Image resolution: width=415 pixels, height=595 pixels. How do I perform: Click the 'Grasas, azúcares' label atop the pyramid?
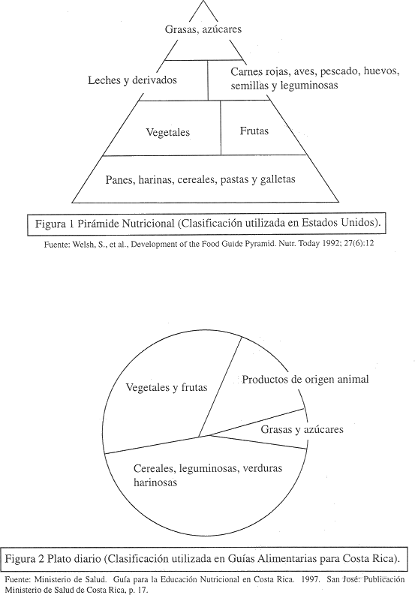point(203,29)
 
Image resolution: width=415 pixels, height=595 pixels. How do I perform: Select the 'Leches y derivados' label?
point(133,80)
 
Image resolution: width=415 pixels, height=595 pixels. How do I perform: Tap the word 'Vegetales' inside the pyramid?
point(168,133)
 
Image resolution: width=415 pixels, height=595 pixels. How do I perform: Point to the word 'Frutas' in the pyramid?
point(254,131)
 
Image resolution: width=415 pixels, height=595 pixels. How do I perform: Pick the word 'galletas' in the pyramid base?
point(278,179)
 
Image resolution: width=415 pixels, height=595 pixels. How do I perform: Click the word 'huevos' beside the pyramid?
point(381,71)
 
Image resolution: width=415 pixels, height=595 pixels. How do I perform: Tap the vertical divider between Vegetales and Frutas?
point(221,128)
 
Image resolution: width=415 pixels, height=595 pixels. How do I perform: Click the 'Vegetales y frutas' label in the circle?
point(167,387)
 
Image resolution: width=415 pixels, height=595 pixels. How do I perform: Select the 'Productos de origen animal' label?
point(305,379)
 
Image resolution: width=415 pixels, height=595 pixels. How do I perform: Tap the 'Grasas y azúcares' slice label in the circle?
point(302,429)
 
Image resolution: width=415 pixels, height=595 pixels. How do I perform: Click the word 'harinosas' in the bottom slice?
point(155,482)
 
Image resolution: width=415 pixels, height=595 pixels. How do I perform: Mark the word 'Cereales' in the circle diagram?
point(154,468)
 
